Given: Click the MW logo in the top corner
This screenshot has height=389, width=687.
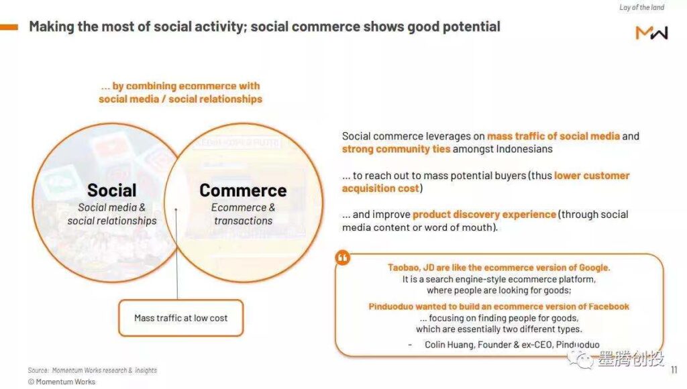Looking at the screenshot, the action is pyautogui.click(x=651, y=33).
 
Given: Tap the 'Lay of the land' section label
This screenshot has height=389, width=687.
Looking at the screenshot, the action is pyautogui.click(x=641, y=7).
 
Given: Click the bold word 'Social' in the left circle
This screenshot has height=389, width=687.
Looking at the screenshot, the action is pyautogui.click(x=112, y=190).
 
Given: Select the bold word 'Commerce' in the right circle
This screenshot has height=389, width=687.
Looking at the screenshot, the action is pyautogui.click(x=243, y=190).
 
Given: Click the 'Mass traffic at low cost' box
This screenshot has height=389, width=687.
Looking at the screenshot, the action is pyautogui.click(x=181, y=318).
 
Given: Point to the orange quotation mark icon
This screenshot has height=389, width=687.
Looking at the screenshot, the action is pyautogui.click(x=343, y=258).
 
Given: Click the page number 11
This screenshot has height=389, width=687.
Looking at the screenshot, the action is pyautogui.click(x=674, y=370).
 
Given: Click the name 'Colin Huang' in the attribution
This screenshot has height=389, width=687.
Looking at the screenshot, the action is pyautogui.click(x=449, y=345).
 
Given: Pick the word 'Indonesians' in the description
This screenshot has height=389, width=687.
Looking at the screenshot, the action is pyautogui.click(x=524, y=149).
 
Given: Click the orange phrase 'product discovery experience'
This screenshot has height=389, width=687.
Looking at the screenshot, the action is pyautogui.click(x=484, y=215).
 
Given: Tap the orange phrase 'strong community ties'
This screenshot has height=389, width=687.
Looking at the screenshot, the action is pyautogui.click(x=396, y=150).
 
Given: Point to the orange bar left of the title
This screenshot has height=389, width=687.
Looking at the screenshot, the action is pyautogui.click(x=9, y=27).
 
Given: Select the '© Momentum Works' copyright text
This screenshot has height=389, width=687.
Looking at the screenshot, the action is pyautogui.click(x=61, y=382).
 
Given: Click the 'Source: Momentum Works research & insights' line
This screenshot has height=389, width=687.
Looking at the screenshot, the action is pyautogui.click(x=92, y=370).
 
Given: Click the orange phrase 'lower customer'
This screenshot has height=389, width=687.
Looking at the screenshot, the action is pyautogui.click(x=592, y=176).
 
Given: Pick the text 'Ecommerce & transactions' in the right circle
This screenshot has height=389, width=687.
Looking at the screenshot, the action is pyautogui.click(x=243, y=214).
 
